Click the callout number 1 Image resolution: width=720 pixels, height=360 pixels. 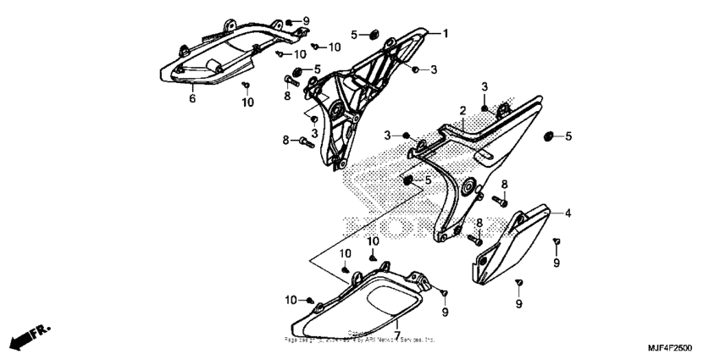click(445, 33)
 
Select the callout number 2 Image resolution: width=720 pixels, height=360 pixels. click(463, 111)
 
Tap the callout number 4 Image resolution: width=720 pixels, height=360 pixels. click(568, 213)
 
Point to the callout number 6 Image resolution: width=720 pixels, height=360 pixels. click(192, 98)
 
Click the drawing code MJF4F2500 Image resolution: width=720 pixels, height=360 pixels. click(669, 348)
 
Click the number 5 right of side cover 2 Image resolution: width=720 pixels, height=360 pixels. click(569, 136)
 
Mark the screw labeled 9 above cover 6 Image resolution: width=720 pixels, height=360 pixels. click(291, 20)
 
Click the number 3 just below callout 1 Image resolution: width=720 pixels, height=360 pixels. click(434, 69)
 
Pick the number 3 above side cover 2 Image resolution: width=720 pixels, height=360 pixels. click(485, 87)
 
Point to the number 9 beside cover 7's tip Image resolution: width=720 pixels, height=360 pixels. click(443, 313)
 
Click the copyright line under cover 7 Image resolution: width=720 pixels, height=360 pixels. click(359, 340)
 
